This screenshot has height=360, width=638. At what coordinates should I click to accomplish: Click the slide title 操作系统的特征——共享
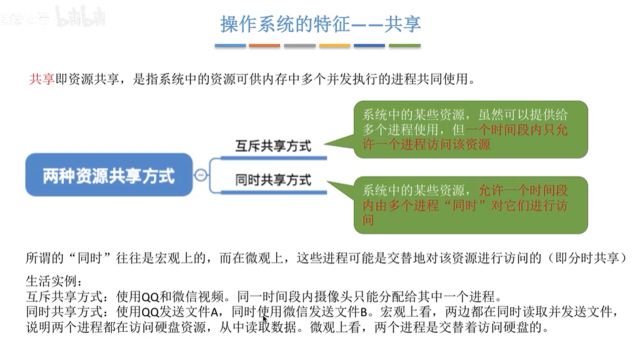point(320,24)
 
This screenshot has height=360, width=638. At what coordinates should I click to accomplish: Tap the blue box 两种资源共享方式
point(109,175)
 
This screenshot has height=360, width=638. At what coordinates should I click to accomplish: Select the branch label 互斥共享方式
point(273,146)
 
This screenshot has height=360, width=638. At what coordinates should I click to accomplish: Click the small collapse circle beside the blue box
point(201,175)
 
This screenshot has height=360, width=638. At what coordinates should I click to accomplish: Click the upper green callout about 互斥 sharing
point(470,129)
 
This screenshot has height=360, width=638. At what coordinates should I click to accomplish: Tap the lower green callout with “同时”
point(470,205)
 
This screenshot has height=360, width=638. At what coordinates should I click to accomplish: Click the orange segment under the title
point(264,46)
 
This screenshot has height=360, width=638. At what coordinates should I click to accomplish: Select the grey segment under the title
point(300,46)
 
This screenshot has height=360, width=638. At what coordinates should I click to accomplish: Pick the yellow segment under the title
point(334,46)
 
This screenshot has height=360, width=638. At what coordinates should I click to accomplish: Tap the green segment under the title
point(404,46)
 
